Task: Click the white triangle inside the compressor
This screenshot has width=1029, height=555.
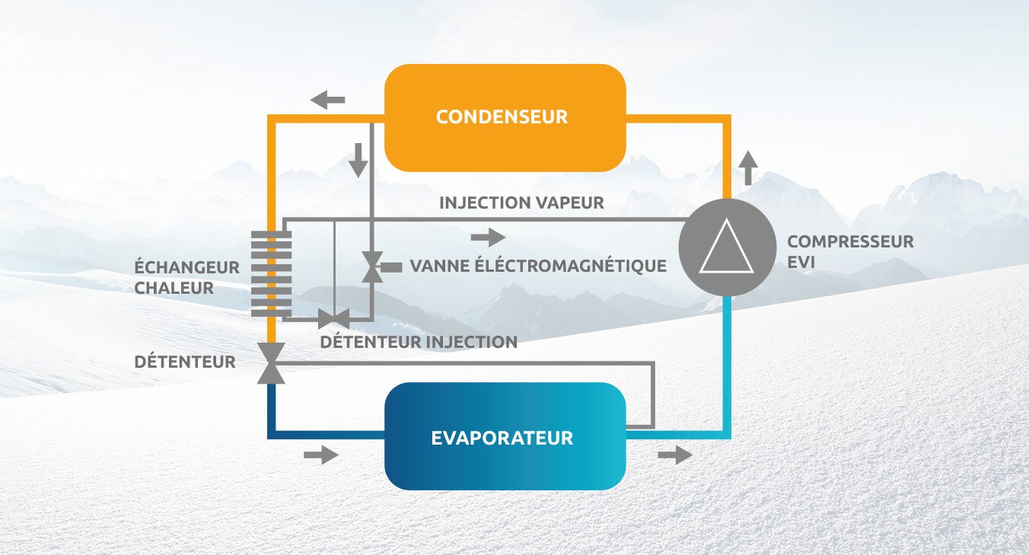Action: (x=726, y=249)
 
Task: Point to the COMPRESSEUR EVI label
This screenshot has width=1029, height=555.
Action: (x=850, y=251)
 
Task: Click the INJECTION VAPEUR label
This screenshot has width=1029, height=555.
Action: (x=521, y=203)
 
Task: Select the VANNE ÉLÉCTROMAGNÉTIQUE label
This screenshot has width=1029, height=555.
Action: (x=538, y=266)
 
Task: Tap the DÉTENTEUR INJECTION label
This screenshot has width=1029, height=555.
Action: (x=419, y=342)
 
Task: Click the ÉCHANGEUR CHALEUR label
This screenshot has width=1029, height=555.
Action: (x=186, y=277)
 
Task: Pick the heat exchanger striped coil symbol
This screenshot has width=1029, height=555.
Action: (x=272, y=274)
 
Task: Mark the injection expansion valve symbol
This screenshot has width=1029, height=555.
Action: (x=333, y=319)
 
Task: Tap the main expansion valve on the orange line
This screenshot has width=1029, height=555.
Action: (x=271, y=362)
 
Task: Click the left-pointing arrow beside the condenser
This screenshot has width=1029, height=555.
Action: (x=327, y=99)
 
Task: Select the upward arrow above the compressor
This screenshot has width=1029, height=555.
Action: (x=749, y=167)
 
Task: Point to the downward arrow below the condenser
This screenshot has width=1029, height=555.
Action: (x=357, y=159)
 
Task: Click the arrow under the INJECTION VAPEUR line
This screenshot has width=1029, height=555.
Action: (x=488, y=237)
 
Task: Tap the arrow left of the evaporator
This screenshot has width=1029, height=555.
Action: (x=320, y=455)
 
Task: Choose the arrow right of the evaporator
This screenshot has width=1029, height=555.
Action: (x=675, y=455)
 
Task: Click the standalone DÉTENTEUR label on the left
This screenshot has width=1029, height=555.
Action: (x=185, y=362)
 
